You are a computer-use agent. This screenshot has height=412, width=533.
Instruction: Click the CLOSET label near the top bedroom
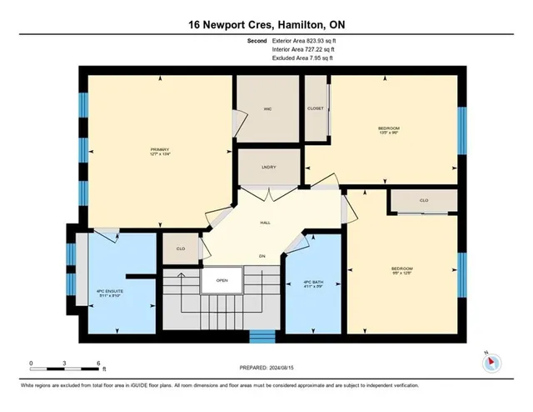tap(315, 108)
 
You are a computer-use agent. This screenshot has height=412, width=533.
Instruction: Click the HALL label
tap(265, 223)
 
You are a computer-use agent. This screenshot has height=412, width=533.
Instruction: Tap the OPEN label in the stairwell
tap(222, 280)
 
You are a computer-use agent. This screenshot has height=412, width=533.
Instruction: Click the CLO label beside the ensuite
tap(180, 249)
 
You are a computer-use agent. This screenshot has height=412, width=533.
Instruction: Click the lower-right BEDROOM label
tap(402, 269)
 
